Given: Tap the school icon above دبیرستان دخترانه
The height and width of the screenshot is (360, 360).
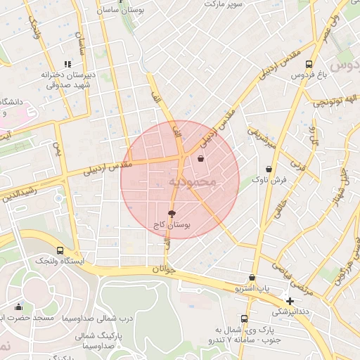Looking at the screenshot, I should [x=67, y=64].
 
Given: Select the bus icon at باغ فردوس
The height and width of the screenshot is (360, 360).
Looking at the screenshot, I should [x=309, y=63].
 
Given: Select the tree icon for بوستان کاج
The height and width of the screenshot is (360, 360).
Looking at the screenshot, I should [x=172, y=213].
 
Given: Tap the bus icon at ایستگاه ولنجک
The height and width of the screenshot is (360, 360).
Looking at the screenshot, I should [x=59, y=250].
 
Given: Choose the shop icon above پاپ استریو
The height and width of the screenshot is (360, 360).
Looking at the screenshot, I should [x=252, y=278].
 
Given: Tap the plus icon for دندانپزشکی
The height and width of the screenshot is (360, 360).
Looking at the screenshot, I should [x=290, y=300].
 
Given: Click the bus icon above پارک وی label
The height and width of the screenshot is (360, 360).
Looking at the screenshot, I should [x=244, y=318].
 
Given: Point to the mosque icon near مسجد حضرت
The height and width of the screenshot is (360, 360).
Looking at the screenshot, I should [x=18, y=307].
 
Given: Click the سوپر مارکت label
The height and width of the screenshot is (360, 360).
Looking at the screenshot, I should [x=219, y=4].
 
